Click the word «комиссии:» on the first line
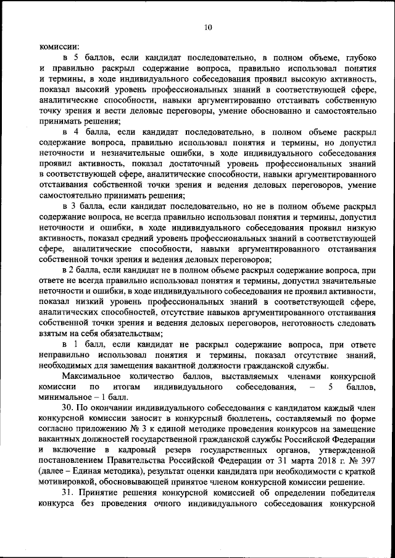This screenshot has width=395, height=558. (x=59, y=46)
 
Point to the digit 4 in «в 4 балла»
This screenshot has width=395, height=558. (x=75, y=132)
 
